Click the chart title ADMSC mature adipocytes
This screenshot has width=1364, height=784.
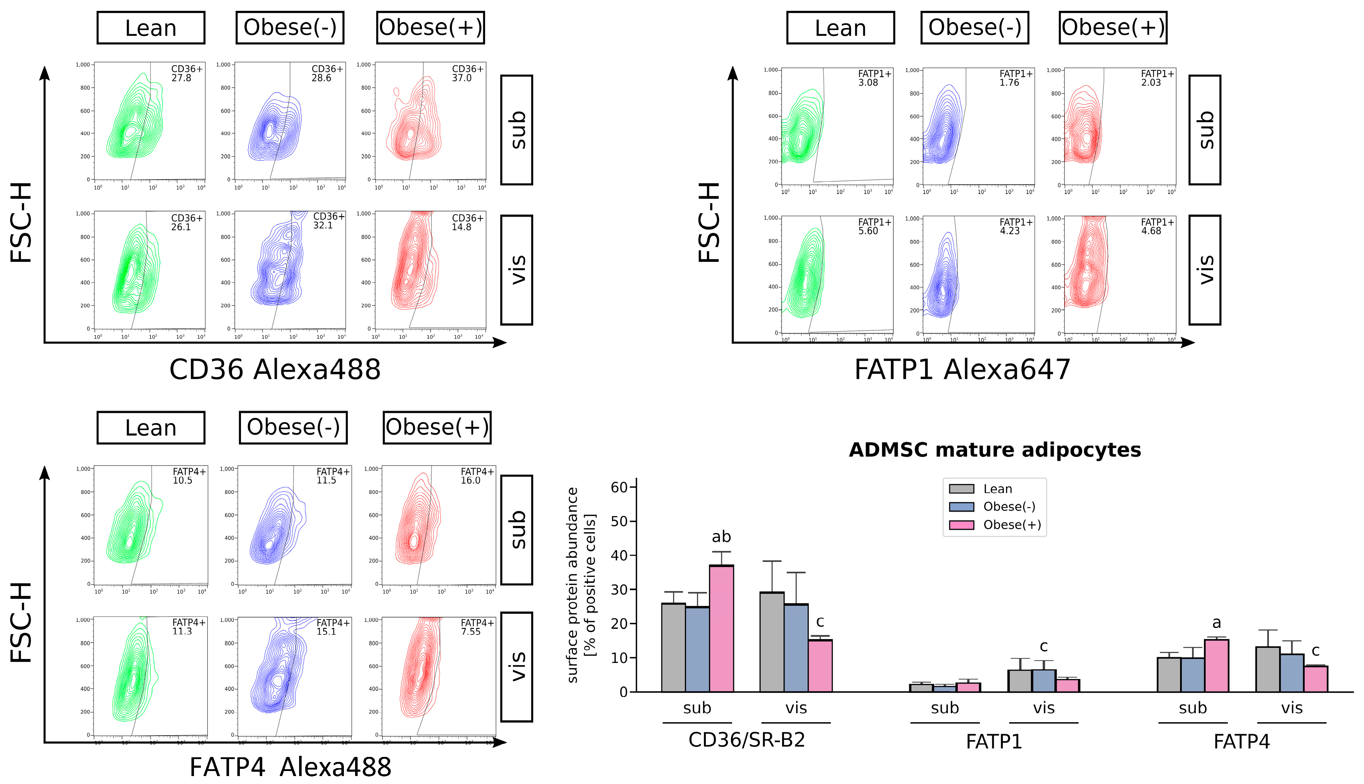pyautogui.click(x=994, y=450)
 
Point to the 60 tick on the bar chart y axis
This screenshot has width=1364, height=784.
pyautogui.click(x=619, y=487)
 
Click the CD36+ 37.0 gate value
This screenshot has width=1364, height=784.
pyautogui.click(x=462, y=78)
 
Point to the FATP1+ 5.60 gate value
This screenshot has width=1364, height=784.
pyautogui.click(x=868, y=231)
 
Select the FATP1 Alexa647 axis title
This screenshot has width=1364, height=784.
pyautogui.click(x=962, y=370)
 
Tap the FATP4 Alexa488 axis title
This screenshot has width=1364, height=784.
pyautogui.click(x=290, y=767)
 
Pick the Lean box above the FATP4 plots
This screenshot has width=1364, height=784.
pyautogui.click(x=151, y=428)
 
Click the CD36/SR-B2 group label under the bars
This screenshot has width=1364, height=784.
pyautogui.click(x=746, y=740)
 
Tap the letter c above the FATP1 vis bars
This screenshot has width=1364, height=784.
pyautogui.click(x=1043, y=646)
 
